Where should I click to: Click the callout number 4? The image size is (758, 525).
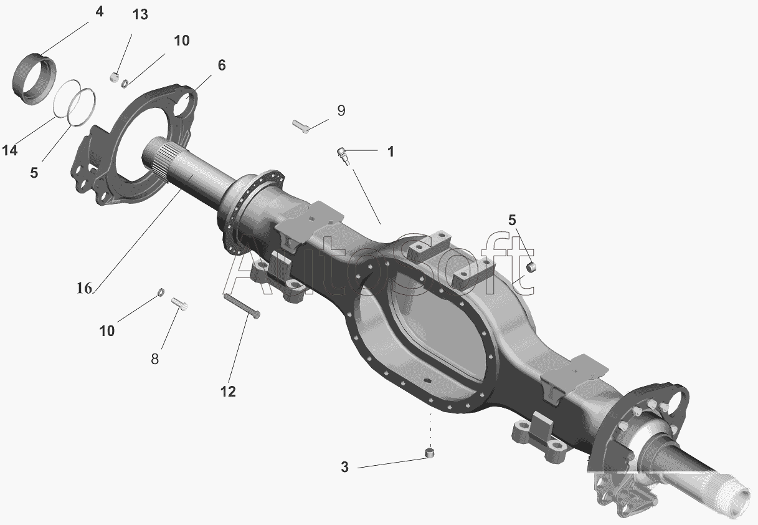(99, 12)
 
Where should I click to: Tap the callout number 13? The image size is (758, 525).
(140, 15)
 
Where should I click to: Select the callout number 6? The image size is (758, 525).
(222, 65)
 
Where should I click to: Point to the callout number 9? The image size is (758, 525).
(341, 111)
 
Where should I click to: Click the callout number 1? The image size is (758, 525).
(391, 152)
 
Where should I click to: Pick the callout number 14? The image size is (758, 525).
(10, 150)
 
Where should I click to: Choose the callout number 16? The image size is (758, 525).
(84, 289)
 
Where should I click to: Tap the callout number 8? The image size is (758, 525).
(154, 359)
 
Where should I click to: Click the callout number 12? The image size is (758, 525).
(228, 392)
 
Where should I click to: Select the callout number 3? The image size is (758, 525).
(344, 468)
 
